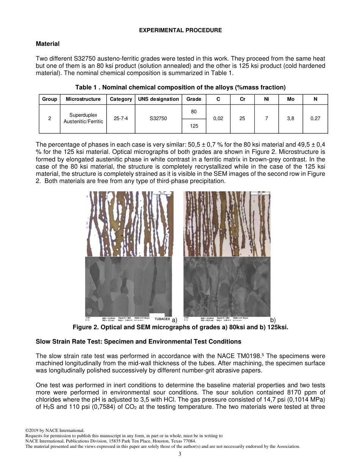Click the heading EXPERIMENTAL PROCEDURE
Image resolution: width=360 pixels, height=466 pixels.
(180, 30)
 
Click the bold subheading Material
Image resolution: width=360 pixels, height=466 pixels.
(48, 44)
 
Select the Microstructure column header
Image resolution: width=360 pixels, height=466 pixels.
(83, 99)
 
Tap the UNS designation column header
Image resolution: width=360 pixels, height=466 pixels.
(158, 99)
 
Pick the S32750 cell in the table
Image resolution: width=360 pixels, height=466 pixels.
(158, 119)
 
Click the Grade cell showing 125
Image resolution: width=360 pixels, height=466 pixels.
(194, 126)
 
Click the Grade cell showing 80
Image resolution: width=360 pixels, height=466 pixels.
(194, 112)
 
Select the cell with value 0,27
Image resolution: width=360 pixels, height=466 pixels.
(315, 119)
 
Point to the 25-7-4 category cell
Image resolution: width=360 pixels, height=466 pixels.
(121, 119)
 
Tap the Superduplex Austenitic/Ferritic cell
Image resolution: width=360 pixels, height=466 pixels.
(83, 118)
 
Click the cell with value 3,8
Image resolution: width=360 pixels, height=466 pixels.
(290, 119)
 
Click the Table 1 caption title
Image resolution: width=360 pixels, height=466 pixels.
(180, 88)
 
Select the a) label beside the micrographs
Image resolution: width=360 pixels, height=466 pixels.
(174, 320)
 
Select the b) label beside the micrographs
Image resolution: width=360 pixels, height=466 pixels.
(273, 320)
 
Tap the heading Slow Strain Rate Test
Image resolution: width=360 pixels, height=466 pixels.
(138, 342)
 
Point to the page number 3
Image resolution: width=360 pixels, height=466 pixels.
(180, 454)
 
